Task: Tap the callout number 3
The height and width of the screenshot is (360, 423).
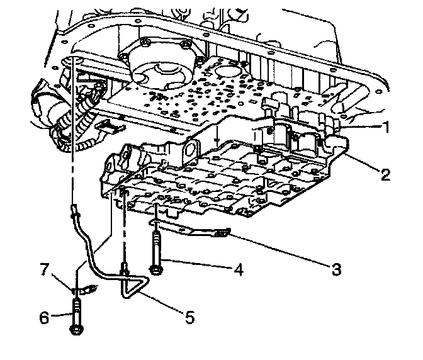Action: pyautogui.click(x=336, y=269)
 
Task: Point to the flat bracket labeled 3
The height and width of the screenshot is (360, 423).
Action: pyautogui.click(x=195, y=230)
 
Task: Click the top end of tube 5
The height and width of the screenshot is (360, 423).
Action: pyautogui.click(x=75, y=211)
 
